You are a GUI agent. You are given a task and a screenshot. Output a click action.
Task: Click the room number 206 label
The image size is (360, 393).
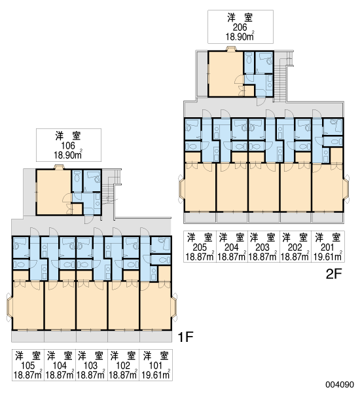coord(240,27)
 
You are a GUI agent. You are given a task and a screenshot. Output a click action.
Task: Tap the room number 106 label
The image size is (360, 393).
coord(68,145)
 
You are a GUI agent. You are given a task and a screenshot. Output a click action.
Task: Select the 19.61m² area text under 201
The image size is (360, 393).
coord(328,256)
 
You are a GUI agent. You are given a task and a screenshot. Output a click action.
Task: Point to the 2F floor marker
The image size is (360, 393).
coord(334,274)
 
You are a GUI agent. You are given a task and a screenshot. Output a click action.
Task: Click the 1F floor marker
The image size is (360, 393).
coord(185,337)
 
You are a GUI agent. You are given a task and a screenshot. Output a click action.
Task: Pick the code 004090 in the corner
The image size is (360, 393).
coord(340,384)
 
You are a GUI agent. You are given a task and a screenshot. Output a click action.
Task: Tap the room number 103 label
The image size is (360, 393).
coord(90,365)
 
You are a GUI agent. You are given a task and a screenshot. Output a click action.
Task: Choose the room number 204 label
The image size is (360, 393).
coord(232,248)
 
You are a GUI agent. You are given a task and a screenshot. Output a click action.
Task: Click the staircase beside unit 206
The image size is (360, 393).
coord(280,79)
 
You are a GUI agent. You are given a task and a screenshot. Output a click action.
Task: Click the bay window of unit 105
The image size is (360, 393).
coord(9,307)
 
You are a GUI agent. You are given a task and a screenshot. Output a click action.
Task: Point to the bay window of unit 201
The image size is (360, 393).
coord(346,189)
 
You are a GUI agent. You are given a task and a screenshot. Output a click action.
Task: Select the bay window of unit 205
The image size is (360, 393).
coord(181,189)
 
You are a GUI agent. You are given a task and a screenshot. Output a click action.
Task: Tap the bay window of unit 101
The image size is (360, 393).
coord(174,307)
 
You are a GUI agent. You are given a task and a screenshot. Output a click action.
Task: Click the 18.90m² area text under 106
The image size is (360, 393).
coord(68,155)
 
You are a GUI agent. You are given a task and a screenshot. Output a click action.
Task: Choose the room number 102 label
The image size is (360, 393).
coord(123,365)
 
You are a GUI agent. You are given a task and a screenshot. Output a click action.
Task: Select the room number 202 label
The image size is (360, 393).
coord(295,248)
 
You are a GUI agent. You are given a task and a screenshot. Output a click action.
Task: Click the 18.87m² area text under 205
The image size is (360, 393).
coord(200,256)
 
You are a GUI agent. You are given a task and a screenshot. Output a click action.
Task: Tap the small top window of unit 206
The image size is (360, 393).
coord(231,48)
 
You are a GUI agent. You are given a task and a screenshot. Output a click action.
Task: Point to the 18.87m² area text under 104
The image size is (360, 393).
coord(60,375)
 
